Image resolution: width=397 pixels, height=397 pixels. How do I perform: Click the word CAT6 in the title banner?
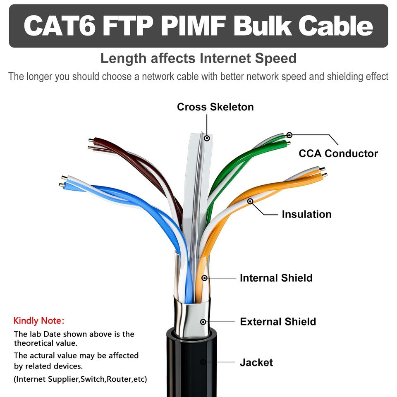coord(60,26)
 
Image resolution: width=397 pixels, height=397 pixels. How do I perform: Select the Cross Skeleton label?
coord(215,107)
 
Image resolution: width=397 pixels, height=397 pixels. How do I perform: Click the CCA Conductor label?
coord(338,153)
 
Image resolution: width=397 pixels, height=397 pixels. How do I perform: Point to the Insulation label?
coord(306,214)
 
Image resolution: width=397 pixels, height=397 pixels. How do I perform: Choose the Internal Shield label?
coord(276,278)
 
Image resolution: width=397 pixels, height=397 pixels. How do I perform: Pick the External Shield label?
coord(278,322)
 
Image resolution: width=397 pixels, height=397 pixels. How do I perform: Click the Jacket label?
coord(256,363)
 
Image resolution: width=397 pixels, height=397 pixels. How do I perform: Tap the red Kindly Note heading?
coord(39,320)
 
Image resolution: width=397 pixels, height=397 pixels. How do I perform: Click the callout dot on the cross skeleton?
coord(207,138)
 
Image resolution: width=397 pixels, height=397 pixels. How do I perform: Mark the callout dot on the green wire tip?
coord(289,135)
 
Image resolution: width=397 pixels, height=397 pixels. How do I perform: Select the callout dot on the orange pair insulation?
coord(250,201)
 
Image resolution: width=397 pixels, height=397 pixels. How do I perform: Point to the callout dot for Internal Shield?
coord(204,278)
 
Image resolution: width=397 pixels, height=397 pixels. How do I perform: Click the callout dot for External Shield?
coord(203,322)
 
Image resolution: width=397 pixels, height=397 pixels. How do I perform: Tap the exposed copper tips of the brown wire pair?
coord(91,143)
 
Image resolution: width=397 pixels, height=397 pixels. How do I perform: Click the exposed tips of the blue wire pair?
coord(63,181)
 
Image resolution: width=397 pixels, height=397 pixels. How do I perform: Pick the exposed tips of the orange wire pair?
coord(323,172)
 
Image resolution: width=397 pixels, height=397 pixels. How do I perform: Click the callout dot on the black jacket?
coord(203,362)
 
